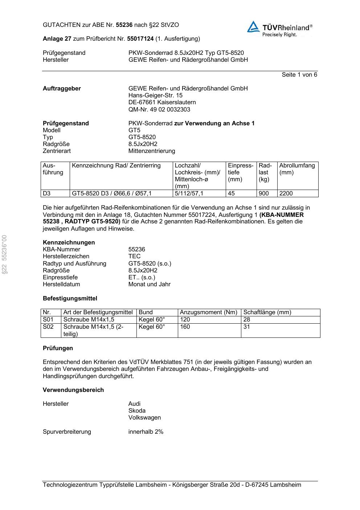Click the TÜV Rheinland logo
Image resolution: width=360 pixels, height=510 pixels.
tap(279, 29)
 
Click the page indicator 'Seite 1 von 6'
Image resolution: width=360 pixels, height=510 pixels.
tap(299, 74)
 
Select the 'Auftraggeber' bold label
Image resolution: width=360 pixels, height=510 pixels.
tap(62, 88)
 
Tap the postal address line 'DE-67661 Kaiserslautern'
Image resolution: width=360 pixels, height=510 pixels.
tap(162, 102)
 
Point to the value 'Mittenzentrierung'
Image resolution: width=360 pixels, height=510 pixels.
tap(151, 151)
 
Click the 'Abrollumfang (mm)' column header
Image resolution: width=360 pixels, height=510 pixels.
tap(297, 169)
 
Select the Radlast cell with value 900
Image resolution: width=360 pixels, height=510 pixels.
tap(264, 194)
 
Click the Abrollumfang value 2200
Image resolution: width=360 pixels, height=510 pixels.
tap(286, 194)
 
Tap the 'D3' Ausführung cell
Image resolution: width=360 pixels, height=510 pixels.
tap(47, 194)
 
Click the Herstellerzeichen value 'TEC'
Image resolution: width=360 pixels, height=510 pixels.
tap(134, 256)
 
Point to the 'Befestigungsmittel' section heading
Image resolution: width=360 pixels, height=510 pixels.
tap(70, 298)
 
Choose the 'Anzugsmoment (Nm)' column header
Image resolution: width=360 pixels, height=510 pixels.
tap(208, 312)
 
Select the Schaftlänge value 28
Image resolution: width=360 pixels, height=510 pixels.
tap(247, 320)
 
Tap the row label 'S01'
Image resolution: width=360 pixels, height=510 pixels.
tap(48, 320)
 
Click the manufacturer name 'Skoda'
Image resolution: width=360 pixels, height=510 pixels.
tap(136, 410)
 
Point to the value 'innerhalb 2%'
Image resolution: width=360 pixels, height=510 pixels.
tap(146, 432)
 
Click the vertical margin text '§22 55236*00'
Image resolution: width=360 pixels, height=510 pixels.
tap(5, 254)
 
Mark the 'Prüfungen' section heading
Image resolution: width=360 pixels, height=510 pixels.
tap(58, 348)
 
